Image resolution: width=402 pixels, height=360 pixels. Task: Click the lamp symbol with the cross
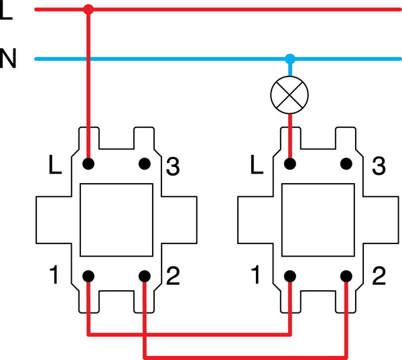coord(290,95)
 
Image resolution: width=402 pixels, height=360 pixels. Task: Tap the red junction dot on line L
coord(88,9)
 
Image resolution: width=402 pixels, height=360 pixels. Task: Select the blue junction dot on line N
coord(290,58)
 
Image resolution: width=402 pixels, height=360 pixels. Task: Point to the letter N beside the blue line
coord(8,59)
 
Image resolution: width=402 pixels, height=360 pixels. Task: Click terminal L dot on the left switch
coord(88,163)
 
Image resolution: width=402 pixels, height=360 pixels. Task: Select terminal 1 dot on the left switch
coord(88,276)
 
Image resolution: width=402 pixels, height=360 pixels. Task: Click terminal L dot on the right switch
coord(290,163)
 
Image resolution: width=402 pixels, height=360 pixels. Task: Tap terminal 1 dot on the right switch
coord(290,276)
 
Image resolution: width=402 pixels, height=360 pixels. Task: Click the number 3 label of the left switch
coord(172,166)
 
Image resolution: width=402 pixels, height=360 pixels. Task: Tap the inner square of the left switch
coord(117,219)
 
